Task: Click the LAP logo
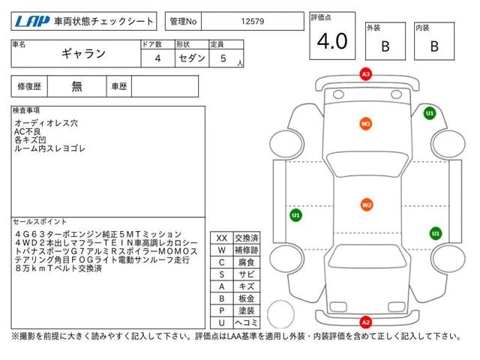coord(32,21)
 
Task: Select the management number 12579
coord(251,21)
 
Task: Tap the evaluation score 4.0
coord(331,41)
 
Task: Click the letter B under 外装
coord(385,46)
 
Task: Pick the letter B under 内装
coord(433,46)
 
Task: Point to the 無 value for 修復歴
coord(77,86)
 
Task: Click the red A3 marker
coord(365,74)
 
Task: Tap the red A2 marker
coord(365,322)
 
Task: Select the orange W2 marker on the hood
coord(365,124)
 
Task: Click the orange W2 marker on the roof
coord(366,204)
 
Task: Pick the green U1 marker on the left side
coord(295,215)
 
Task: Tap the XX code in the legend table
coord(221,238)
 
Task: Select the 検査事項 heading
coord(27,110)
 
